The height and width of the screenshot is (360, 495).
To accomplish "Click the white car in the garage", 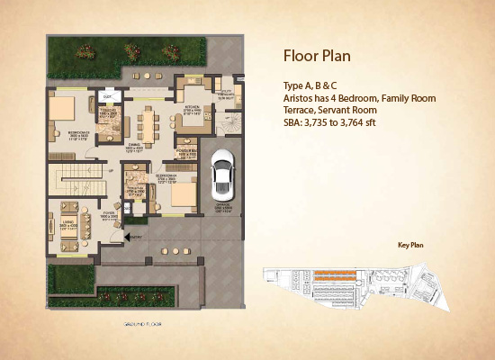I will (221, 174).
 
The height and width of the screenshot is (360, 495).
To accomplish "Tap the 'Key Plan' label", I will (410, 244).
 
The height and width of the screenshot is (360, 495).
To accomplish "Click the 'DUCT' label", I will (106, 94).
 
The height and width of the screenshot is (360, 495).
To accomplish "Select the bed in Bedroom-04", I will (180, 194).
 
